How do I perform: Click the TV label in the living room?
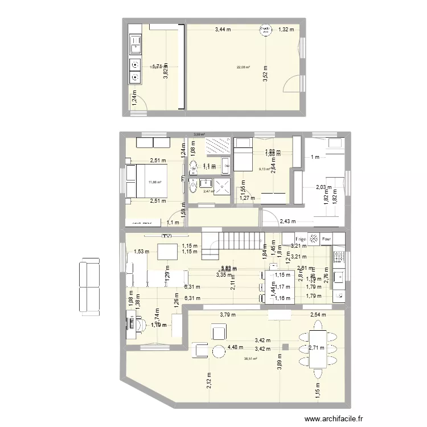(166, 236)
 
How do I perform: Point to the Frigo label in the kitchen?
(301, 239)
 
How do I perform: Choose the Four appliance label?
(327, 239)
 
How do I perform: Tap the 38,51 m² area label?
(250, 359)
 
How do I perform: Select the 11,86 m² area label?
(155, 182)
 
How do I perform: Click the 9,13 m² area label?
(265, 169)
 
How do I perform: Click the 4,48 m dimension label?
(235, 347)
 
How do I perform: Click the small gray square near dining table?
(285, 346)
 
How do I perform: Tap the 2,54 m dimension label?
(319, 314)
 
